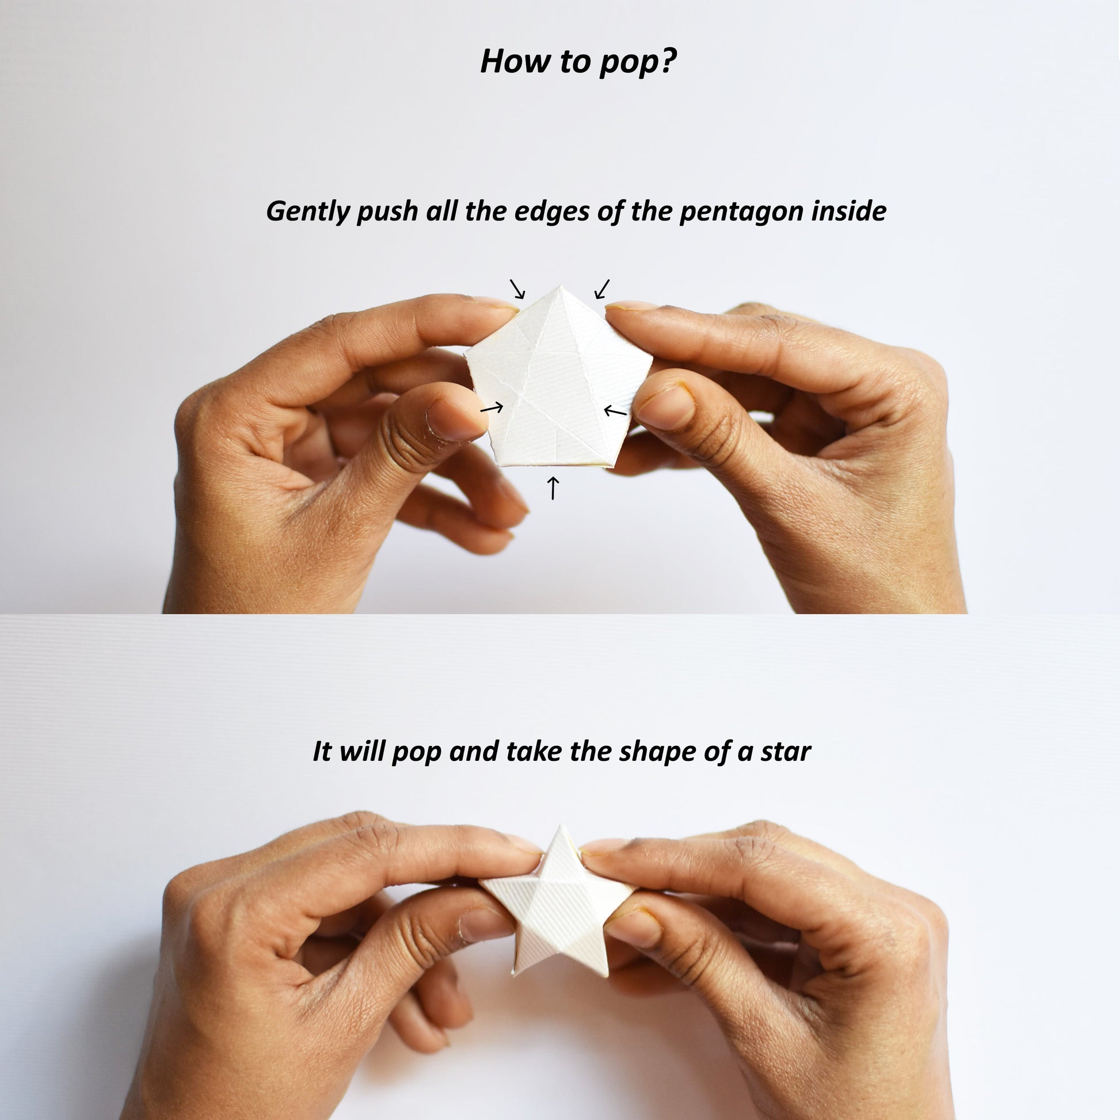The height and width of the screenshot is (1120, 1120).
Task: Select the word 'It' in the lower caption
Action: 322,752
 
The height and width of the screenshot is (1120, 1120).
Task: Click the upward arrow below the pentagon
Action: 553,487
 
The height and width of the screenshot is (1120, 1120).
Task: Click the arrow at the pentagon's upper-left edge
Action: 517,289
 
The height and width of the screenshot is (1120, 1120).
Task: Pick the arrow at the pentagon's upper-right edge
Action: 603,289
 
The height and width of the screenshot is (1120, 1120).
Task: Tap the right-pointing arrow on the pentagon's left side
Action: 492,408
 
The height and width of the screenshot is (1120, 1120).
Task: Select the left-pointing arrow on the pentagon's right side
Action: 615,411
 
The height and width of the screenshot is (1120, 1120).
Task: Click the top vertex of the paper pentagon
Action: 561,286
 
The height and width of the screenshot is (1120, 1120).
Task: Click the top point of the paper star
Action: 561,825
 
